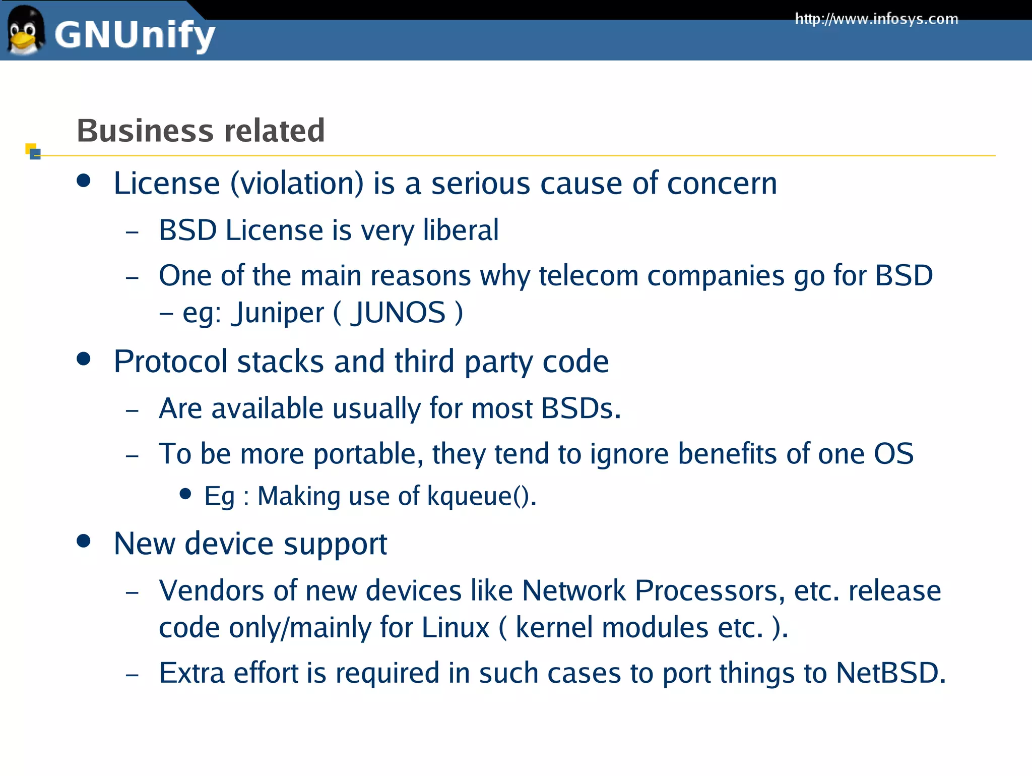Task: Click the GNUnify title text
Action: [x=135, y=35]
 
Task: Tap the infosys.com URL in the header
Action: [x=876, y=19]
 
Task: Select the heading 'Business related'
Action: [x=201, y=131]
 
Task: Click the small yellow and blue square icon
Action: [x=33, y=151]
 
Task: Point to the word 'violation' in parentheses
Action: [x=297, y=183]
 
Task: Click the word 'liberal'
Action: [x=461, y=230]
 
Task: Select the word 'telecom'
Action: [x=589, y=276]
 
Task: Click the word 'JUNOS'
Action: [x=398, y=313]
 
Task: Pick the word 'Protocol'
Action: [x=171, y=362]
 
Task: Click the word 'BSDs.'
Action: [x=581, y=408]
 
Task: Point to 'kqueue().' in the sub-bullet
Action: [x=482, y=496]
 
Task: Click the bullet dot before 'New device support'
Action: [x=84, y=541]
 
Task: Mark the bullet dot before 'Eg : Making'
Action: [x=185, y=494]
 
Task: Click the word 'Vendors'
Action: [x=211, y=590]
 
